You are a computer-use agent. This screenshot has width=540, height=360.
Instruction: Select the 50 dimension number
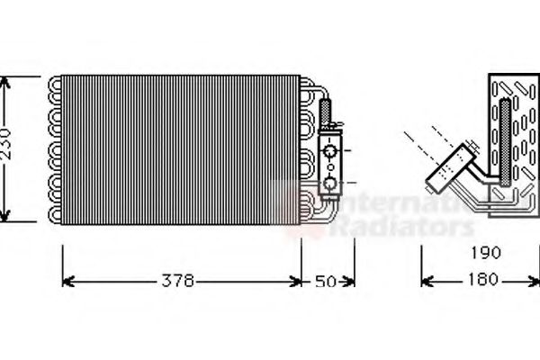(325, 282)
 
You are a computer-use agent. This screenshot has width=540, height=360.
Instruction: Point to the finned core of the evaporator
(180, 148)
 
